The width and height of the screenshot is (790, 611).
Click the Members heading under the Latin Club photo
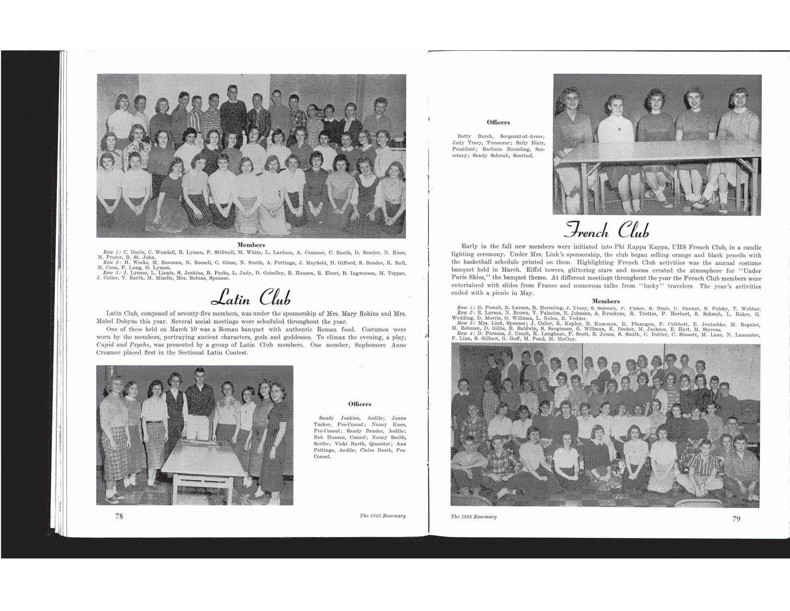[251, 245]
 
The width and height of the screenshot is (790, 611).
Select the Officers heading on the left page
[360, 404]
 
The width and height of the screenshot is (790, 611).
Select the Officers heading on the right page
[498, 123]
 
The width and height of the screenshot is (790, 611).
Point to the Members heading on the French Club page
[606, 301]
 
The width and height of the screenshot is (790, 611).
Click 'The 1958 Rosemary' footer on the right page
[474, 517]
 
